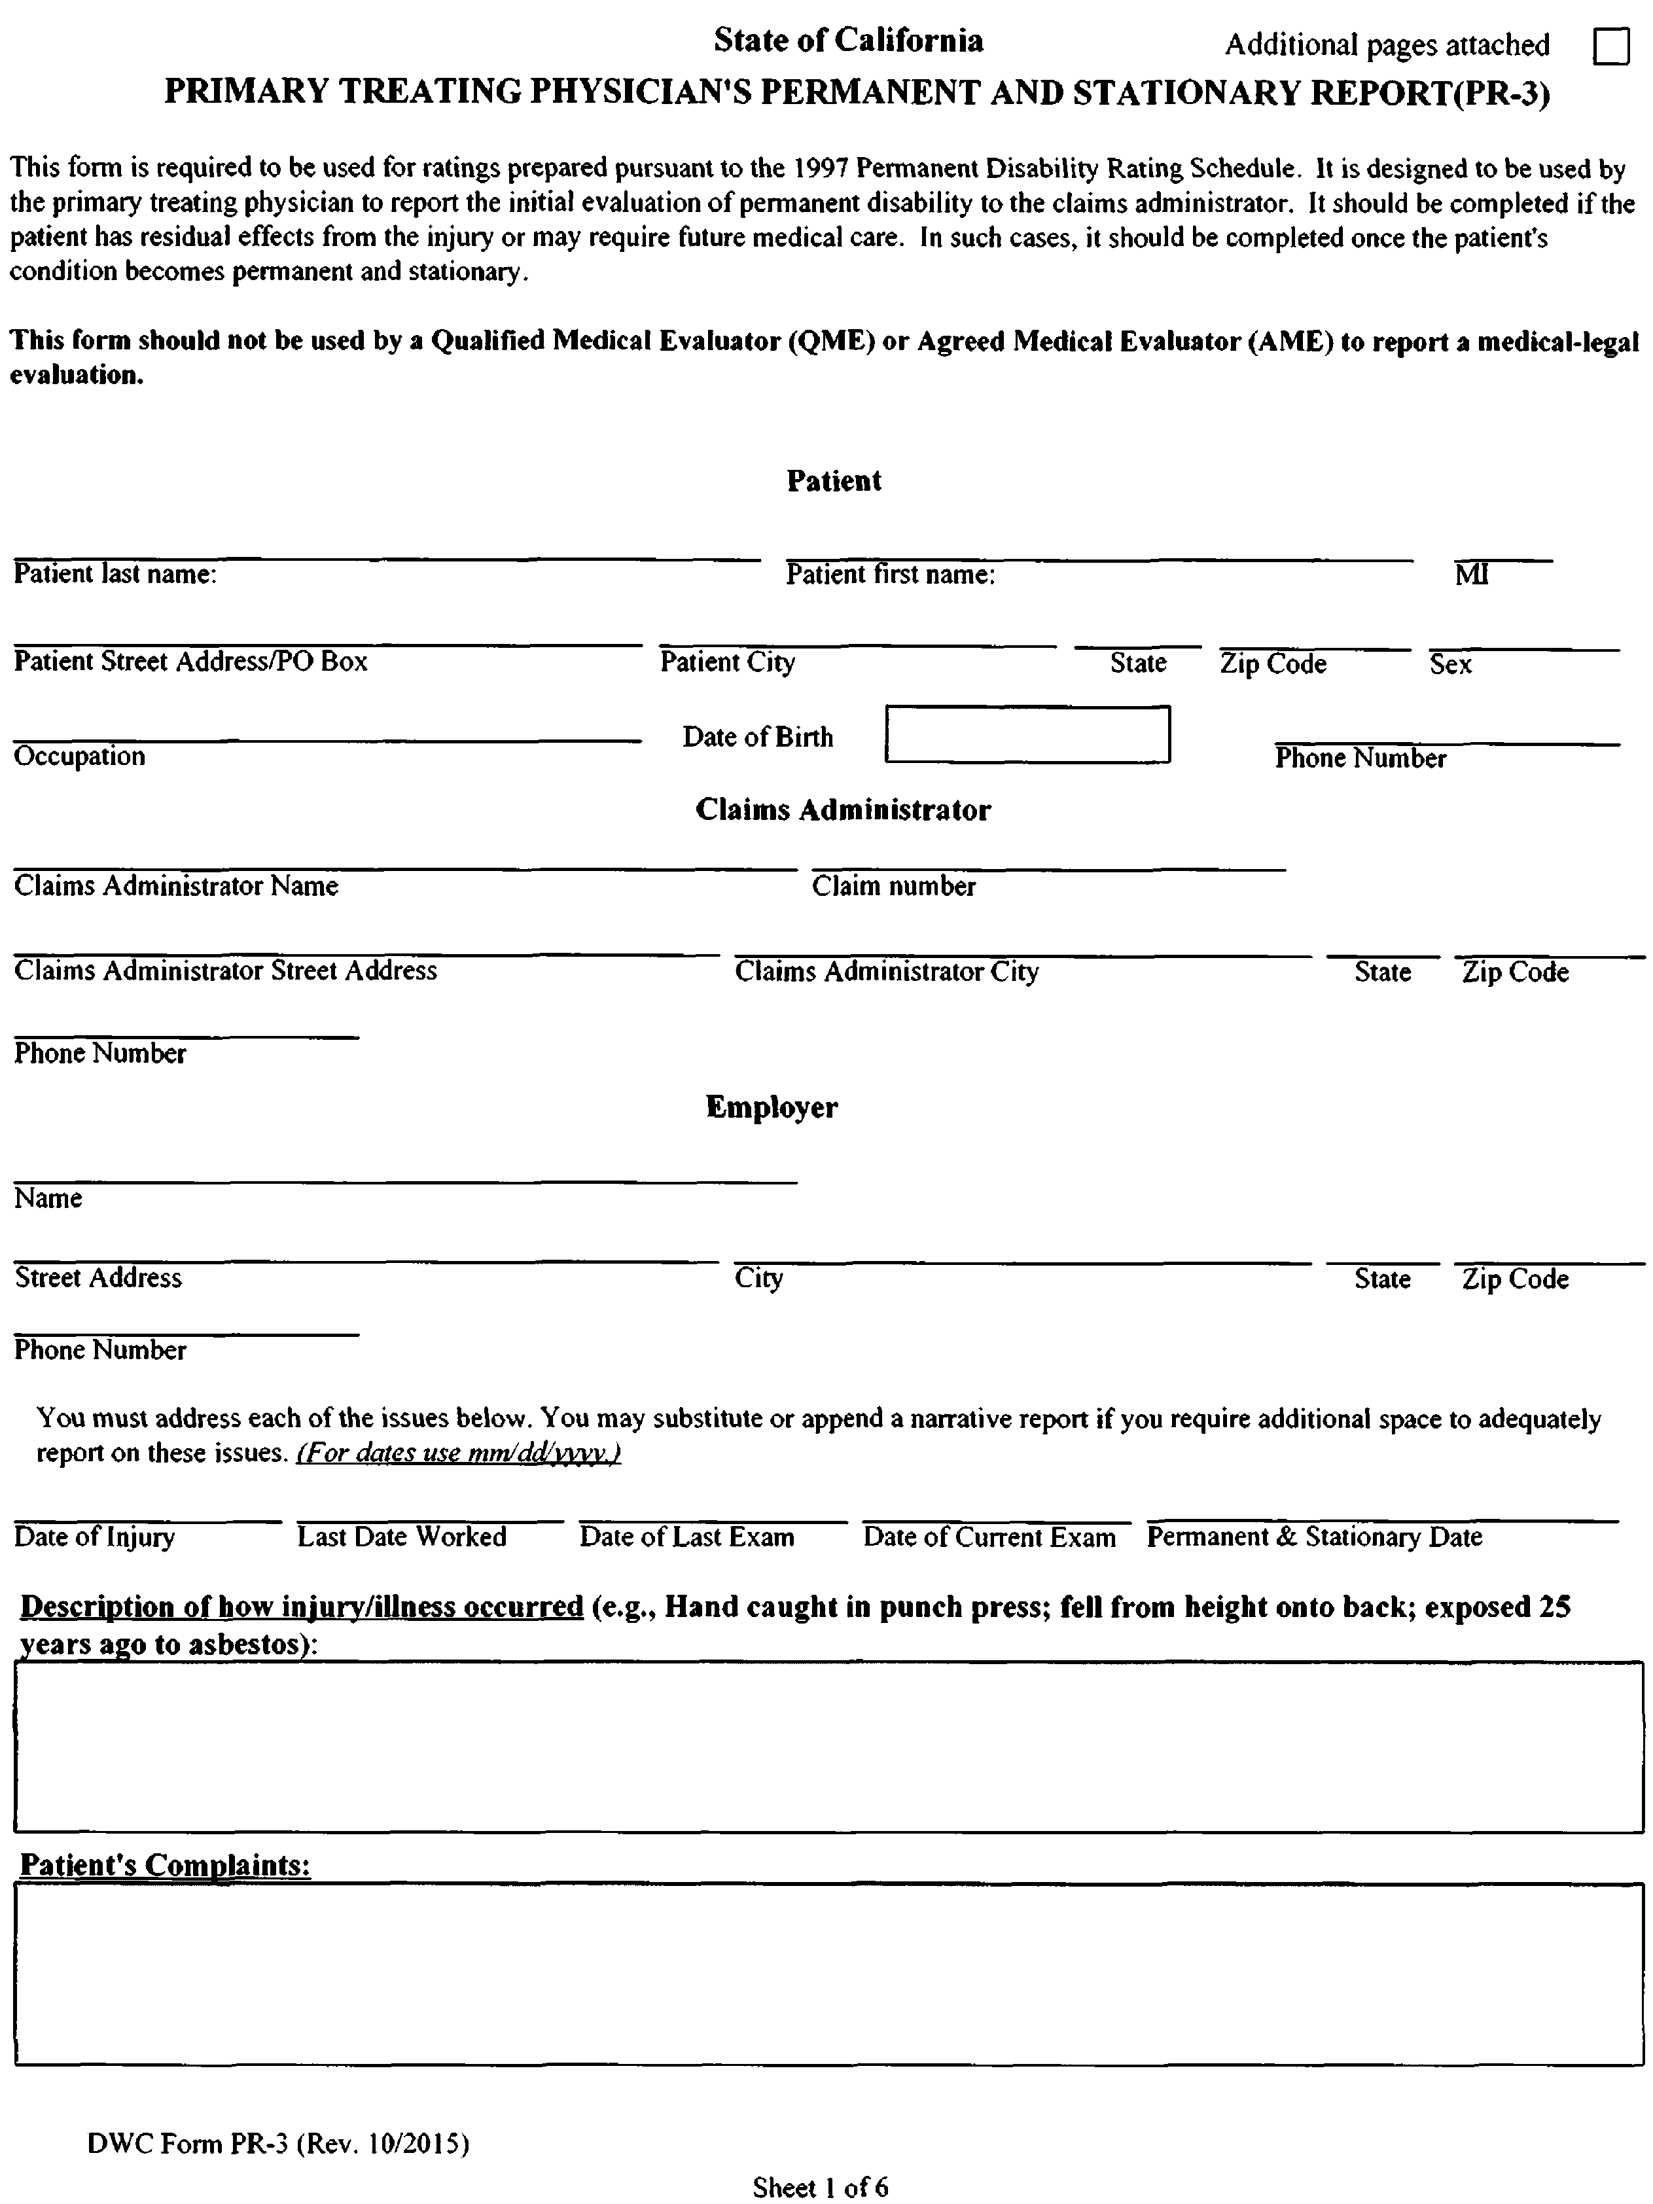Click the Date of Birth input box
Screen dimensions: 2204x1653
point(1027,736)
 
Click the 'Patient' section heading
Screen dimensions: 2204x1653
point(834,481)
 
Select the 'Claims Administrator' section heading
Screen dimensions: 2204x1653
point(843,810)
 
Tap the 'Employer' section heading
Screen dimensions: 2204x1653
point(772,1107)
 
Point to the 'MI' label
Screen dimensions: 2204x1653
point(1472,575)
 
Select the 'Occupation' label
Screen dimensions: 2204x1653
point(80,756)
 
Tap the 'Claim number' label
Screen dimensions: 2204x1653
point(894,886)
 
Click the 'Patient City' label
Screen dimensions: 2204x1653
point(728,663)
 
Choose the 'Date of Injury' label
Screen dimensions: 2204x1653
point(95,1537)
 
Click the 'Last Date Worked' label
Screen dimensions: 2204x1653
point(402,1537)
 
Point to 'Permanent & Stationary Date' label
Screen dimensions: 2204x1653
point(1314,1537)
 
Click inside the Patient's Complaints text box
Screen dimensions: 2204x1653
point(828,1973)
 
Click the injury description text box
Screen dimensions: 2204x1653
point(828,1746)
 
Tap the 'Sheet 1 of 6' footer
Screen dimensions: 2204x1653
point(820,2187)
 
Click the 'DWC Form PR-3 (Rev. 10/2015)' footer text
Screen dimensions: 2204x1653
point(278,2143)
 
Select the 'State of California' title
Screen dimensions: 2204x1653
point(848,41)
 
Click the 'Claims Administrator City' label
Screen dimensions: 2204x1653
point(887,972)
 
